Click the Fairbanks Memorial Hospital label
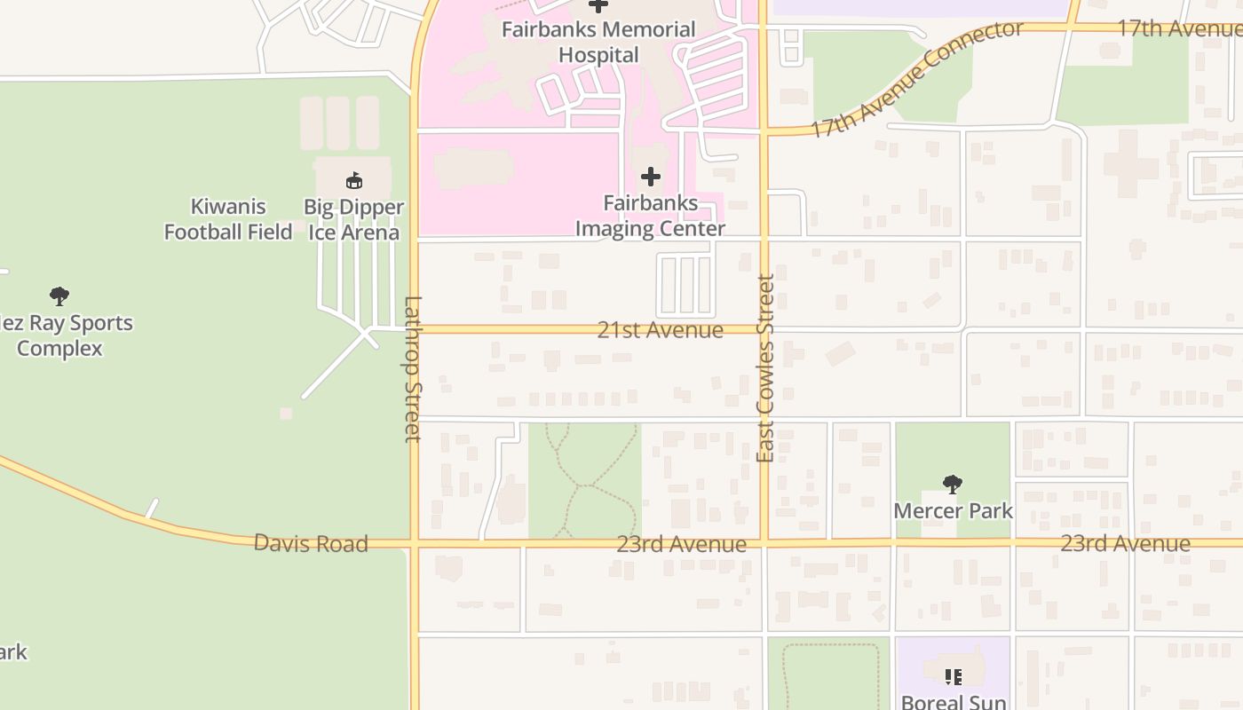[598, 42]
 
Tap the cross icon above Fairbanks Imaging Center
[651, 177]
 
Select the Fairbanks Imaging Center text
[651, 216]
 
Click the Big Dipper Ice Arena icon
[354, 181]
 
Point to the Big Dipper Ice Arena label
[353, 219]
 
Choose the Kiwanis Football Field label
[228, 219]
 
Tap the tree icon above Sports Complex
[59, 296]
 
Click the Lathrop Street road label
[413, 368]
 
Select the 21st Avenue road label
[660, 330]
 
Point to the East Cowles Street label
[764, 368]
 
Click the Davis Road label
[311, 543]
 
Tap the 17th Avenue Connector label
[916, 79]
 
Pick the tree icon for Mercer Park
[953, 485]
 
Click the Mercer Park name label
[953, 511]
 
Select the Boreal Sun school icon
[954, 677]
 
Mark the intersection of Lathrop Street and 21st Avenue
[414, 329]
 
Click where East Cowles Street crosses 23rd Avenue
[764, 541]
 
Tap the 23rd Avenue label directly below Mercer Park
[1125, 543]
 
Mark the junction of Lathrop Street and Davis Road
[414, 541]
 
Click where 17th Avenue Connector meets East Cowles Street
[764, 133]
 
